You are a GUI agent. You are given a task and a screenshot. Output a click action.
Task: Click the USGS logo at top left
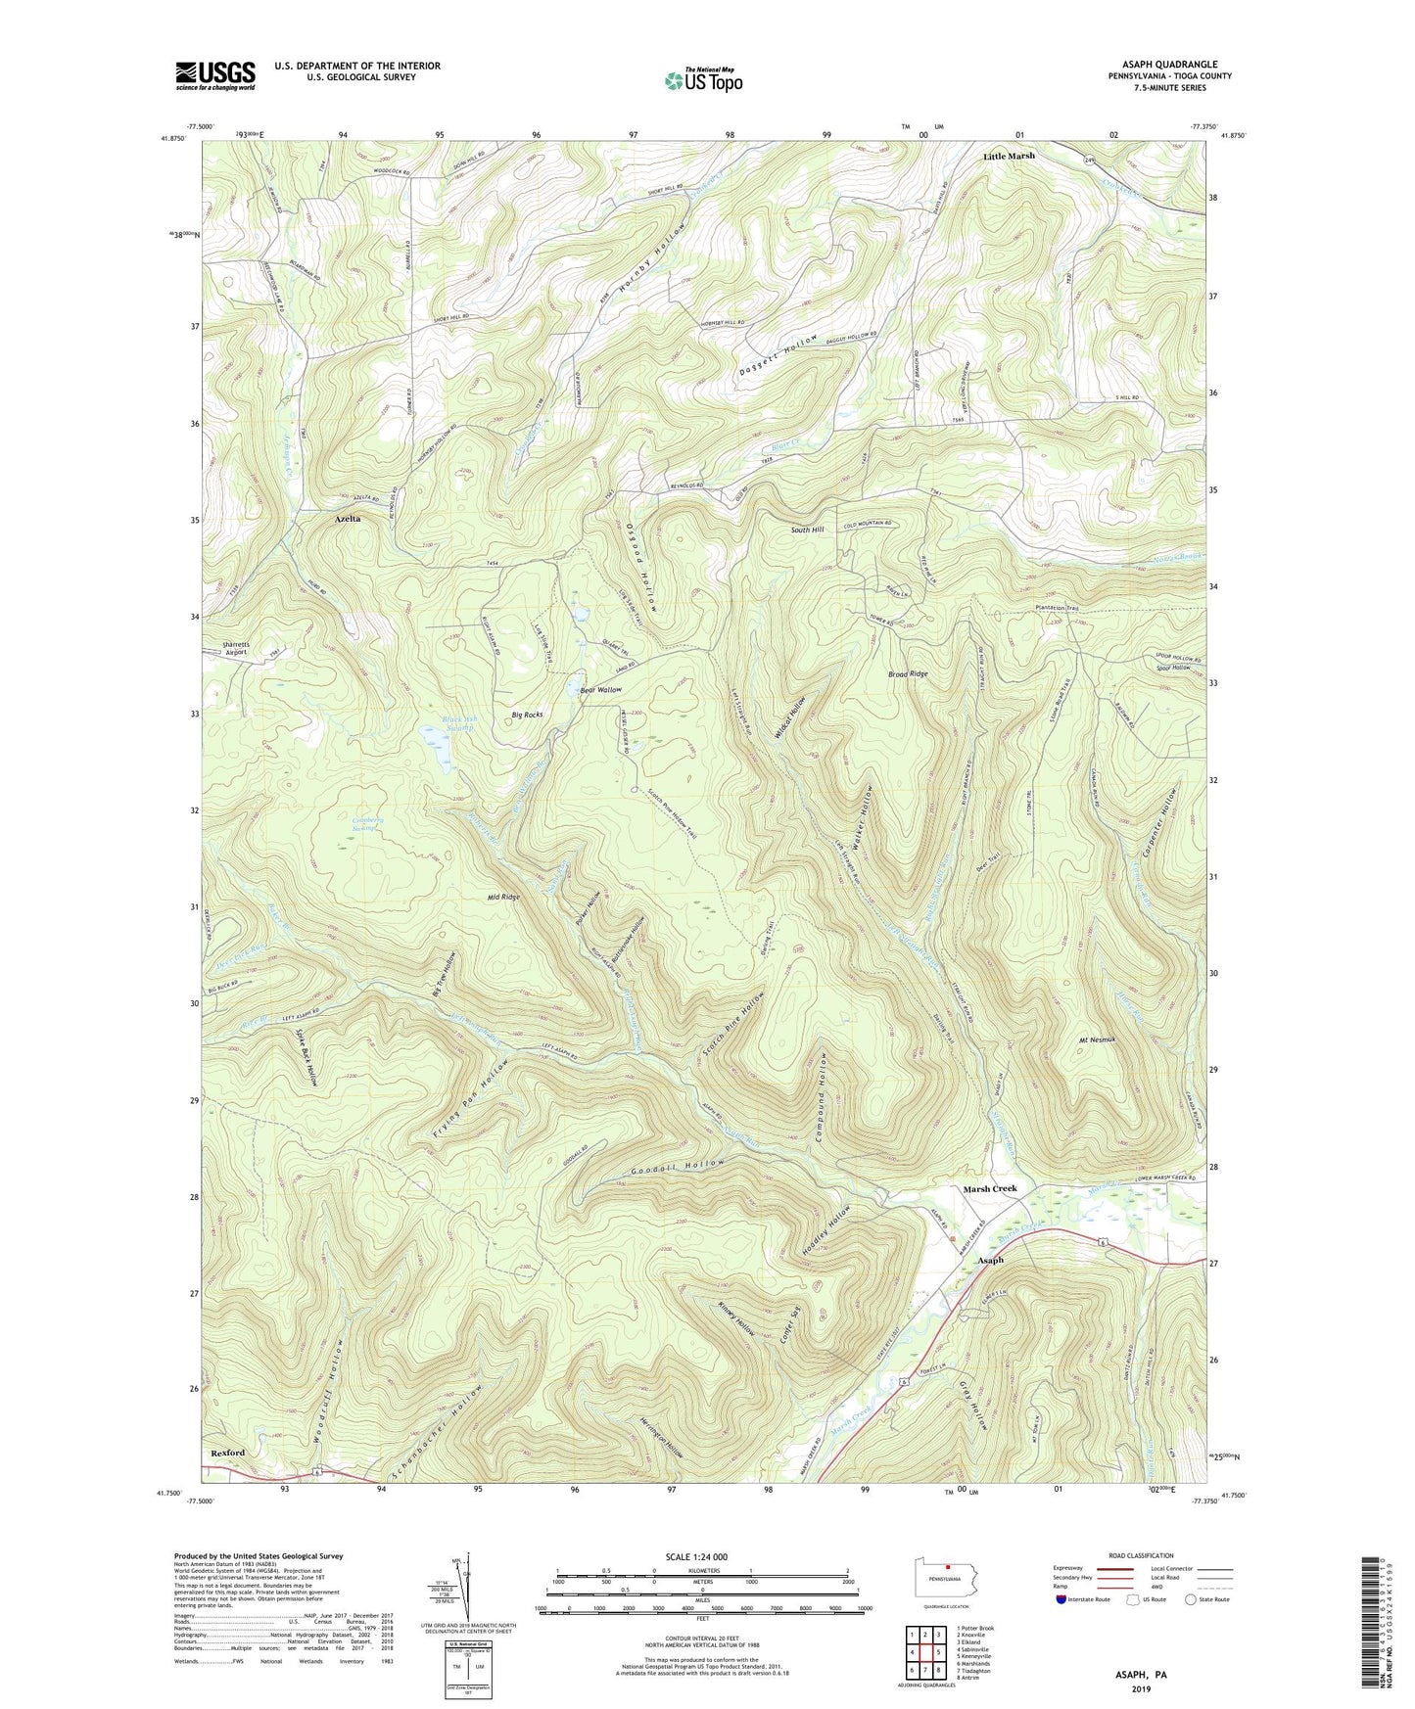(x=215, y=75)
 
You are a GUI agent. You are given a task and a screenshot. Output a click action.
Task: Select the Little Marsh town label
(x=1009, y=156)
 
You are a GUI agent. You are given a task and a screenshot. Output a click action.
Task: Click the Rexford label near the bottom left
(x=228, y=1453)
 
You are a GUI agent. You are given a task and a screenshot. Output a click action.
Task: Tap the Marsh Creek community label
(x=990, y=1188)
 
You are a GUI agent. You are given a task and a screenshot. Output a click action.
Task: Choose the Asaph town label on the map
(x=991, y=1260)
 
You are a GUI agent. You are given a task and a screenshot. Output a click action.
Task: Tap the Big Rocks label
(x=527, y=715)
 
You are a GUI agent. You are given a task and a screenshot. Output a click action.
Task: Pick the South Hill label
(x=808, y=530)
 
